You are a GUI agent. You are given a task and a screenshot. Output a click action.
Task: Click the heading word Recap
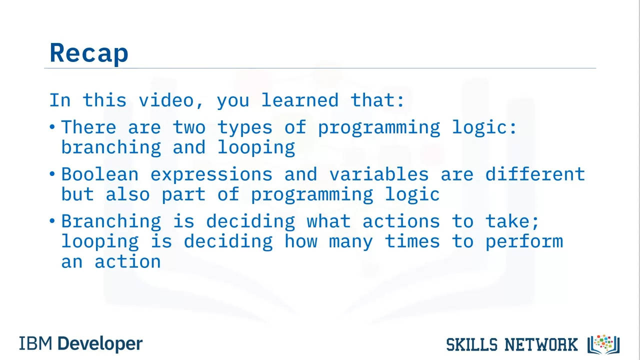(89, 53)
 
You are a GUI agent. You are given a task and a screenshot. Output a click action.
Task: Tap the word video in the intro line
(166, 100)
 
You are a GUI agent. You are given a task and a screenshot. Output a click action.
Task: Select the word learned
(300, 100)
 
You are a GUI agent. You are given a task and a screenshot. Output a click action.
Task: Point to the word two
(189, 127)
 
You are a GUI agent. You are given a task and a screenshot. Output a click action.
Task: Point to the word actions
(401, 221)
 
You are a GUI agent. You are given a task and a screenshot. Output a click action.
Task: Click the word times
(412, 241)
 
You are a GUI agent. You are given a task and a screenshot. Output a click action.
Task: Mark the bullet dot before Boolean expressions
(52, 173)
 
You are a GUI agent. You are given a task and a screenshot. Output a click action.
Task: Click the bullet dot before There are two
(52, 126)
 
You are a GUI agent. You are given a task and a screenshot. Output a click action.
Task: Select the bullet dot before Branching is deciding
(52, 220)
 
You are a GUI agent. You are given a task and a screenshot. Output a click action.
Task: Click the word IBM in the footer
(35, 343)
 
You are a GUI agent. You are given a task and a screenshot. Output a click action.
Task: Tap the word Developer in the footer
(100, 344)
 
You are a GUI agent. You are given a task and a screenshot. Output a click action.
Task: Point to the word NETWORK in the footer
(541, 344)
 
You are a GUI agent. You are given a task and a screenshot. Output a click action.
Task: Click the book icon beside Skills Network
(603, 344)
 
